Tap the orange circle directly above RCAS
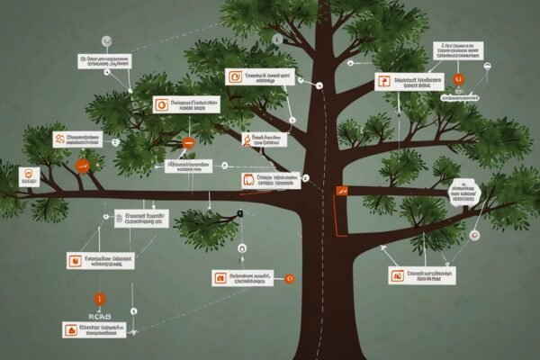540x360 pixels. click(99, 298)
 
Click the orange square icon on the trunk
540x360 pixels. click(342, 191)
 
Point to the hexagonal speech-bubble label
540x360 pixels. click(463, 190)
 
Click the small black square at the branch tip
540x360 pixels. click(240, 214)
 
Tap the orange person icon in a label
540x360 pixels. click(247, 139)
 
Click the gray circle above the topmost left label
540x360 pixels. click(106, 40)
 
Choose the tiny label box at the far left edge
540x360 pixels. click(30, 175)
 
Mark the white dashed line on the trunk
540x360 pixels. click(321, 270)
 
